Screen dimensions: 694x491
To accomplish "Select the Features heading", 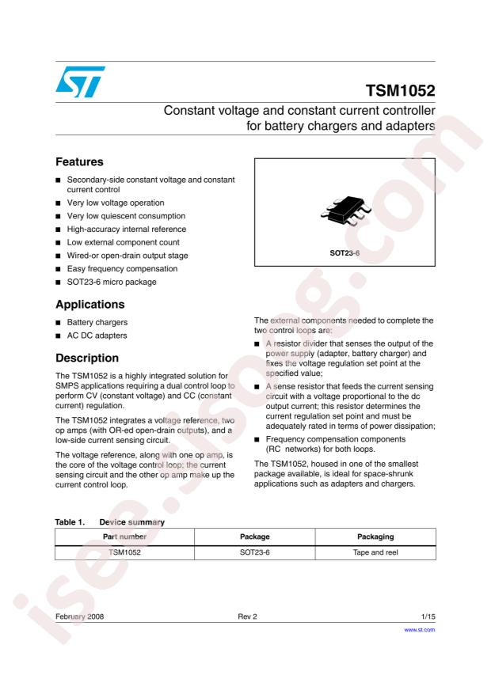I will (x=85, y=160).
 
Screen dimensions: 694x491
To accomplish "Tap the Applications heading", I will (x=97, y=302).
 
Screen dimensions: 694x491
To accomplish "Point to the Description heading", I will (x=92, y=358).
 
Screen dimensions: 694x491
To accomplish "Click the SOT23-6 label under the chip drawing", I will (x=344, y=254).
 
